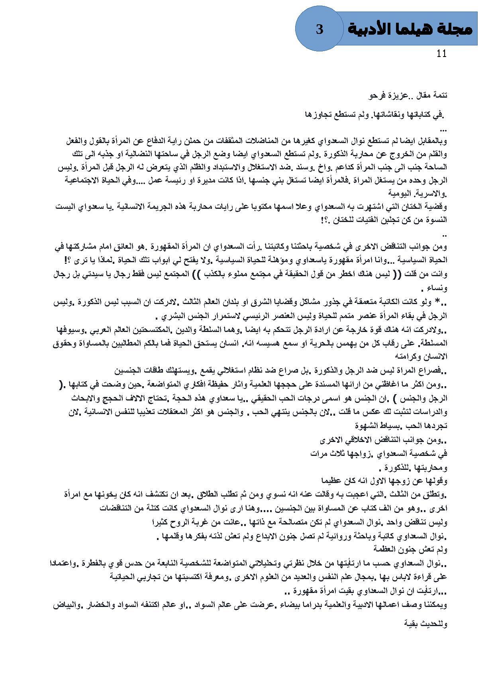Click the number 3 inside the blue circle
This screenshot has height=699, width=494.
[319, 29]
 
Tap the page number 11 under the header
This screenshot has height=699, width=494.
[442, 54]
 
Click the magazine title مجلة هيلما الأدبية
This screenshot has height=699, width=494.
[410, 29]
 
